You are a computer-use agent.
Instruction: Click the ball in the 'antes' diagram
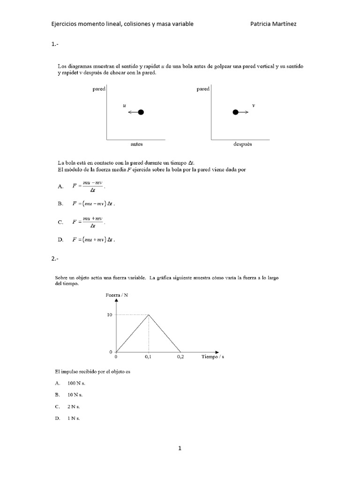(x=141, y=112)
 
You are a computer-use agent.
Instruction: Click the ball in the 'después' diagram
(x=236, y=112)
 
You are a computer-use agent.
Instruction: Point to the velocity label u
(x=124, y=106)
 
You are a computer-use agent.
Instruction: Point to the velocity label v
(x=254, y=105)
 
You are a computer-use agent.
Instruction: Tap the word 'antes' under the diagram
(x=136, y=144)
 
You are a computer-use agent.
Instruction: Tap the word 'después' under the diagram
(x=242, y=144)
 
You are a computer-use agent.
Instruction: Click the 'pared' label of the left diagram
(x=98, y=89)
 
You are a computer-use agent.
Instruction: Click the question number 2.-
(x=55, y=258)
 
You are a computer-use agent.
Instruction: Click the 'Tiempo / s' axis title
(x=213, y=357)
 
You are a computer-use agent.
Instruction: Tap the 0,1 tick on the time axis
(x=149, y=357)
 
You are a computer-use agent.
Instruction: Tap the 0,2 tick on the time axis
(x=181, y=357)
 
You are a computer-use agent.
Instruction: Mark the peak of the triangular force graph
(x=149, y=315)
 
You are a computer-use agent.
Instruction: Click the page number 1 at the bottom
(x=180, y=448)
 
